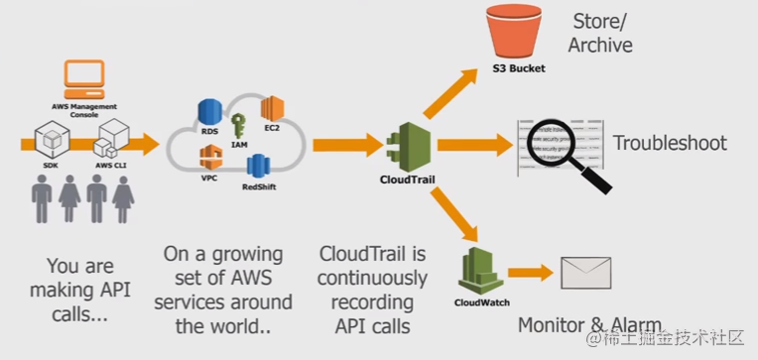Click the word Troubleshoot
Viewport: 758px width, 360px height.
669,143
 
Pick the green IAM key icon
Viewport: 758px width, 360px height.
239,125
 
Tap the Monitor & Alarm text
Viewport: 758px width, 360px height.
589,325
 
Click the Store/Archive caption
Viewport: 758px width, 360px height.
601,33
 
